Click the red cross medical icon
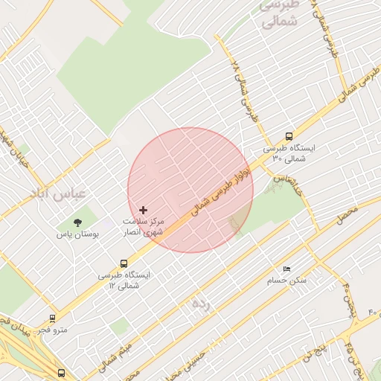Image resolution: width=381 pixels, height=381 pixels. (144, 211)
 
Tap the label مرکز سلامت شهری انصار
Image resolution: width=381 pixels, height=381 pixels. (144, 227)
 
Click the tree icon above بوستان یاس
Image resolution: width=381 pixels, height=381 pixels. (77, 222)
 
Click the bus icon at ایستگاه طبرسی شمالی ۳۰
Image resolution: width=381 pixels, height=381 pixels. (289, 136)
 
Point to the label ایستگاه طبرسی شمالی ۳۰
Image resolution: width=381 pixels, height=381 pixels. (289, 153)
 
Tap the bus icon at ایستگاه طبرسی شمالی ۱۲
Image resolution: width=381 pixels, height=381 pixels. (124, 263)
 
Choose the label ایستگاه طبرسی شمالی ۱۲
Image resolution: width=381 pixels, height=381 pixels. (124, 280)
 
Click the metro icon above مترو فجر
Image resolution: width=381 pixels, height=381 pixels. (52, 318)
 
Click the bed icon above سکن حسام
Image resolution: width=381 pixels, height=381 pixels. (286, 269)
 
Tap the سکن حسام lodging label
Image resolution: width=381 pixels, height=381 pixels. (286, 281)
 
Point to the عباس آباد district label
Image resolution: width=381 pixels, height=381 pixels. (59, 193)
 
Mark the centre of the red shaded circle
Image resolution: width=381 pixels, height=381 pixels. (190, 190)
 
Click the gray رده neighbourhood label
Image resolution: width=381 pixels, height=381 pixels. (200, 304)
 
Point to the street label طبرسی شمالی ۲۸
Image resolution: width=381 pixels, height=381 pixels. (244, 92)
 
